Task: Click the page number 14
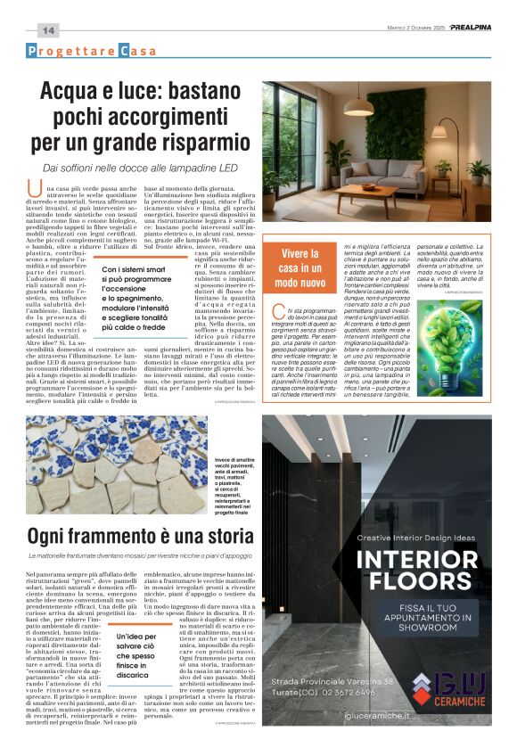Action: click(47, 30)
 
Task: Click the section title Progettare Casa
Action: click(91, 51)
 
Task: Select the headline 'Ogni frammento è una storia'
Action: click(142, 536)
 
